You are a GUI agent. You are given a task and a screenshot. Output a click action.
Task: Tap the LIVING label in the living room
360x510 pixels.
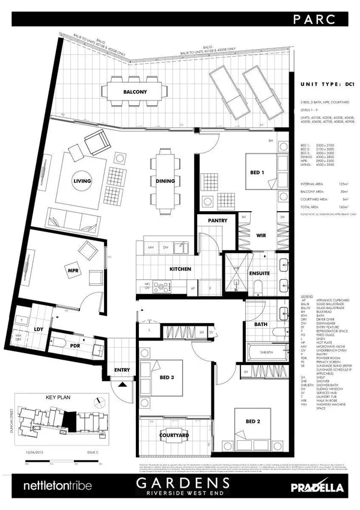coord(81,180)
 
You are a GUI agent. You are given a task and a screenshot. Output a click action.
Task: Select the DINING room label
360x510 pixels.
coord(165,181)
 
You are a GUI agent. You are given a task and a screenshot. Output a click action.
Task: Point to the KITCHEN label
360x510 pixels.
coord(180,268)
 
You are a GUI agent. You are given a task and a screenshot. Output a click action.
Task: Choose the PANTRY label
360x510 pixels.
coord(217,221)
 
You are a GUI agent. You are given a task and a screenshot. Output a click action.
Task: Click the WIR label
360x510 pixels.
coord(260,236)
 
